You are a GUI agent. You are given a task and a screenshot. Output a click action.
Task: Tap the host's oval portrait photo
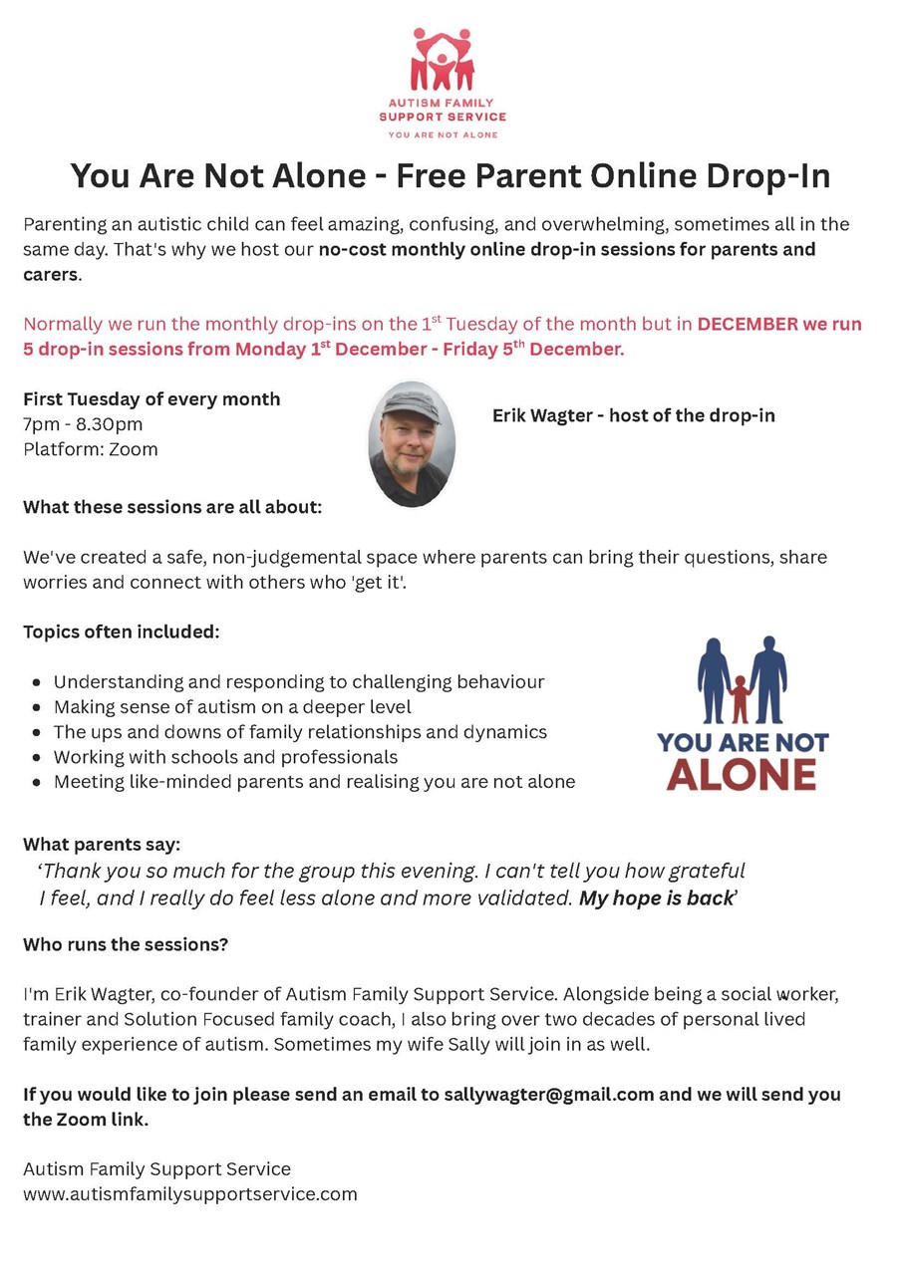click(412, 444)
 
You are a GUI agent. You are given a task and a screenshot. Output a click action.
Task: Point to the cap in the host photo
click(410, 402)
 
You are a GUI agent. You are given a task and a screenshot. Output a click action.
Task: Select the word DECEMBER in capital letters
click(748, 325)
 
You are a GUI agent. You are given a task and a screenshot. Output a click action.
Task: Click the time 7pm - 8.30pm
click(83, 424)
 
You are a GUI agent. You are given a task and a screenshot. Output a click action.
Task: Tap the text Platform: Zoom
click(91, 449)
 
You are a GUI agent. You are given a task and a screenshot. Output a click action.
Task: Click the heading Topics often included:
click(122, 632)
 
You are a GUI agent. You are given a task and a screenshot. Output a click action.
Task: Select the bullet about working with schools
click(225, 757)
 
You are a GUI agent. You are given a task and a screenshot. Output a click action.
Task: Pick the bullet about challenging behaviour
click(299, 682)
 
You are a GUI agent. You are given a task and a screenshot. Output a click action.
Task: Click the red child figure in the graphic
click(740, 699)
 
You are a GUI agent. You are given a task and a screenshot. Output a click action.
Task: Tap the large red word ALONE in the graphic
click(742, 775)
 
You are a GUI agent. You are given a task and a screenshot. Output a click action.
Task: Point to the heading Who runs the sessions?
click(126, 944)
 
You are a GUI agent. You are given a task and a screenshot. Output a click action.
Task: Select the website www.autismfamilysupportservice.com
click(190, 1193)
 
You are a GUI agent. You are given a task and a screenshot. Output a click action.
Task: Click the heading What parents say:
click(102, 845)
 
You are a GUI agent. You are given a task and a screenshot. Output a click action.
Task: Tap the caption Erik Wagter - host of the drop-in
click(634, 415)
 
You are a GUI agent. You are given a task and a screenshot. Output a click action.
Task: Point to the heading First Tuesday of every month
click(151, 399)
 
